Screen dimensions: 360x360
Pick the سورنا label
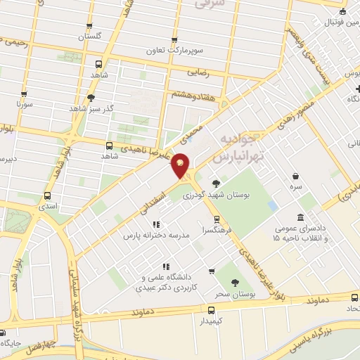click(25, 104)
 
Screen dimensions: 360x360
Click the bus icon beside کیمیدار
click(211, 309)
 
